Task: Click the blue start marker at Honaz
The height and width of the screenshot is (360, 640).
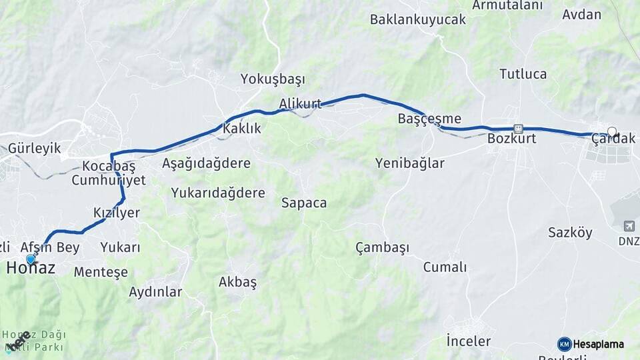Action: tap(30, 259)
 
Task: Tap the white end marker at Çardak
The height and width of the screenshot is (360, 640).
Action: tap(612, 132)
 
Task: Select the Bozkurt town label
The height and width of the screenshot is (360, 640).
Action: tap(511, 139)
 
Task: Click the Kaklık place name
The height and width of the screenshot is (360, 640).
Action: tap(242, 129)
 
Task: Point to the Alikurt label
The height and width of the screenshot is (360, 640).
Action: tap(300, 103)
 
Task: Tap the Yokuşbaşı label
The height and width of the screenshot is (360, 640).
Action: tap(273, 79)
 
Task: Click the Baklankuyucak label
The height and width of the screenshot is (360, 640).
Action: tap(418, 19)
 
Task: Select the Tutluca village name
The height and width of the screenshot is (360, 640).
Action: tap(523, 74)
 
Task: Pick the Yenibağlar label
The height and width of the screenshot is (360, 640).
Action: tap(409, 163)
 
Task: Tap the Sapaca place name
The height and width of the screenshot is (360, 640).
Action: tap(304, 203)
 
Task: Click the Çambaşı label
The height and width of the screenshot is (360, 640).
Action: tap(382, 247)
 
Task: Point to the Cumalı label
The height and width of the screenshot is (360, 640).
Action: tap(445, 267)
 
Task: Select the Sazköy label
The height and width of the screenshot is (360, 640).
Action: tap(570, 233)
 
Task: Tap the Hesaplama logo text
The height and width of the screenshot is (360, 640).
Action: tap(598, 345)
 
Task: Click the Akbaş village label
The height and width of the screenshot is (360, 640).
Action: tap(237, 282)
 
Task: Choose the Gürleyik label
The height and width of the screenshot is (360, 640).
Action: tap(34, 148)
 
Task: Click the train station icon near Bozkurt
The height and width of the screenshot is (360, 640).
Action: tap(518, 128)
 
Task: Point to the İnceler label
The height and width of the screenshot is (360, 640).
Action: tap(468, 341)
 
